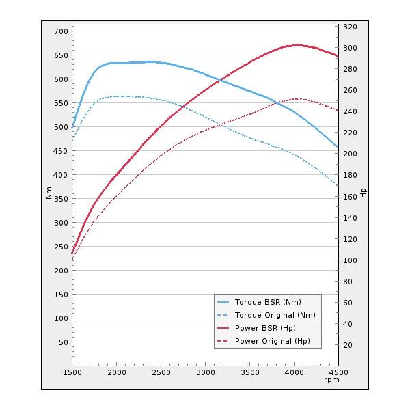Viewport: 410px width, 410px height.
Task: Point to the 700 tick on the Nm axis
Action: (x=61, y=31)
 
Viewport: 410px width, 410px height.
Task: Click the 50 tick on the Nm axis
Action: (x=63, y=342)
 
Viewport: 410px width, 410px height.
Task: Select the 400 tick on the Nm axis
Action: (x=61, y=175)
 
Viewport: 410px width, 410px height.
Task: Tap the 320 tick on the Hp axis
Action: (x=350, y=27)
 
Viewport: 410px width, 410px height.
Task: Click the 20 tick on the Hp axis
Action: (x=348, y=345)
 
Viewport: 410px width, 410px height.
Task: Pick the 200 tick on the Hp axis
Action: (x=350, y=154)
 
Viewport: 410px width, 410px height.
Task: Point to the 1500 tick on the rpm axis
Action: (x=72, y=372)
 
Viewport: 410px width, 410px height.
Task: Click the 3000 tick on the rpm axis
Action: (x=205, y=372)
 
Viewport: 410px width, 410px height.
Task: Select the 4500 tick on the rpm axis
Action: (x=338, y=372)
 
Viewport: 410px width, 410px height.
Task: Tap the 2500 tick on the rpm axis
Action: (x=161, y=372)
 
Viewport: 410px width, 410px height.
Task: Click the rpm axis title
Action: (x=331, y=379)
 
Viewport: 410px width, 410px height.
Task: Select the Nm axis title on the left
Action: (x=49, y=193)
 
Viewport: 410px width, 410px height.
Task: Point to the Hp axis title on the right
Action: (x=363, y=193)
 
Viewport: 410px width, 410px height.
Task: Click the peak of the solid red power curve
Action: (x=296, y=45)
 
